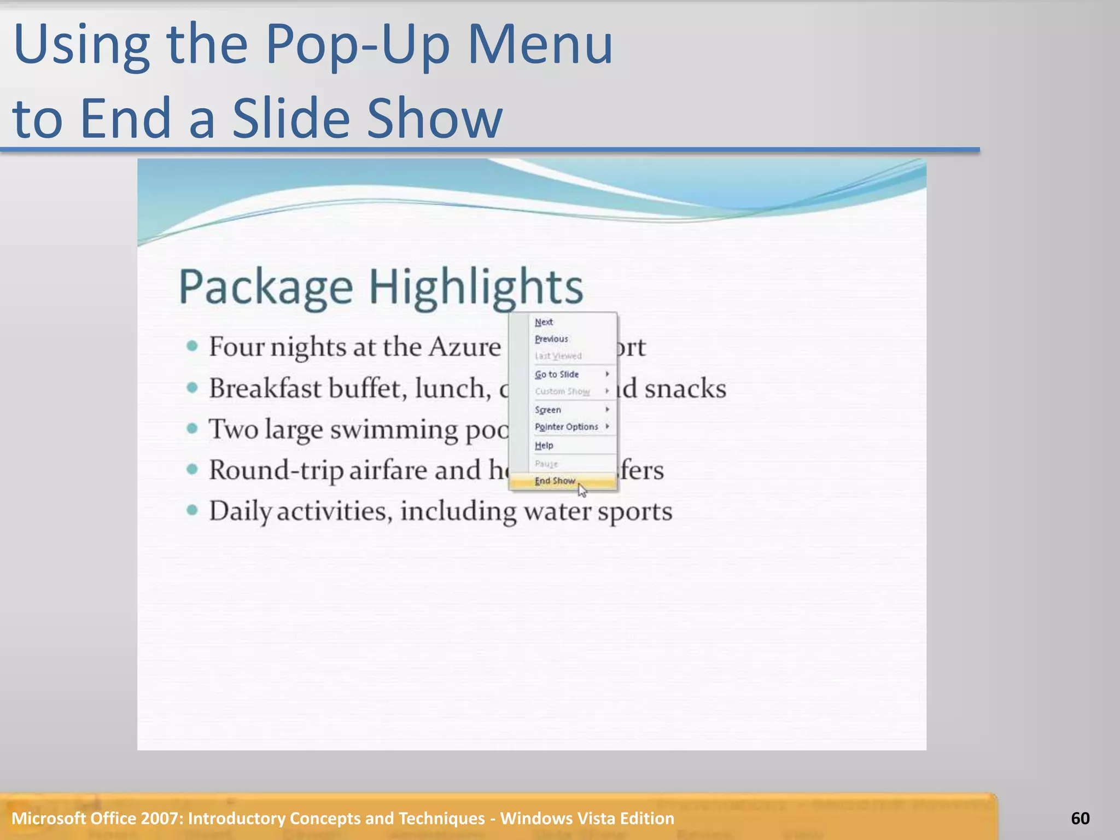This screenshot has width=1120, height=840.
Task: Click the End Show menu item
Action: coord(555,481)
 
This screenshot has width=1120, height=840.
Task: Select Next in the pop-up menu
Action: coord(544,322)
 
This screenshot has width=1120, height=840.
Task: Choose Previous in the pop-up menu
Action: coord(551,339)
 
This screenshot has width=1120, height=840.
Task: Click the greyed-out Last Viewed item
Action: coord(558,356)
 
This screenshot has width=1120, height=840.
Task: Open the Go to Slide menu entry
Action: coord(557,375)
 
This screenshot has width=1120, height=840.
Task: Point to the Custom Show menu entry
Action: coord(562,392)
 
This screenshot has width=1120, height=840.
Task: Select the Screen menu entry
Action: coord(548,410)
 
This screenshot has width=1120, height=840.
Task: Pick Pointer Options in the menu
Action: coord(566,427)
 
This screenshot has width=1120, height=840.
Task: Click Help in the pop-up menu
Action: coord(544,446)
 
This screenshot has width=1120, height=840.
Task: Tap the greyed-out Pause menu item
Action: coord(546,464)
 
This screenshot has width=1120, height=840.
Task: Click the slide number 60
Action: coord(1080,818)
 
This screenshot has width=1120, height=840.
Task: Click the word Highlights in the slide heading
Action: coord(476,287)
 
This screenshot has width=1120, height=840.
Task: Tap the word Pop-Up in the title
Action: coord(358,45)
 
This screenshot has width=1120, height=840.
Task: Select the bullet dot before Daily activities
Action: coord(192,511)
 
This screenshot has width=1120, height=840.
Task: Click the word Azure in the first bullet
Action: coord(465,347)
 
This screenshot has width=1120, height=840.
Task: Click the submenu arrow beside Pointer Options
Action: coord(607,427)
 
